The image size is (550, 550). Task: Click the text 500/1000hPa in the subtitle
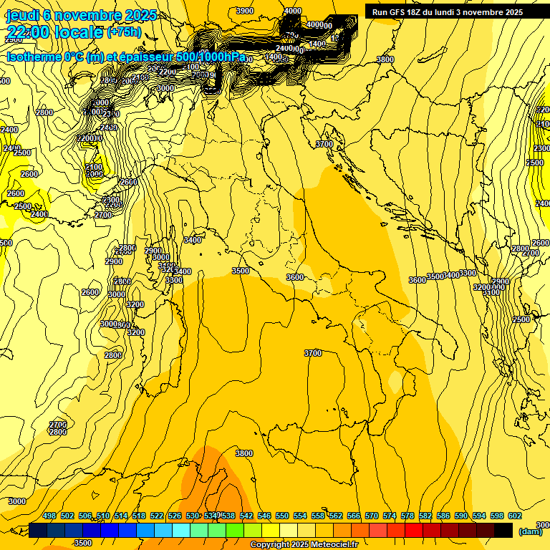click(211, 57)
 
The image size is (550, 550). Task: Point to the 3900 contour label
click(245, 11)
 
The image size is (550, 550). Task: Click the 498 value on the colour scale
click(49, 516)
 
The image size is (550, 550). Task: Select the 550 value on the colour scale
click(282, 516)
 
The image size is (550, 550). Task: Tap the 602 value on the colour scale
click(515, 516)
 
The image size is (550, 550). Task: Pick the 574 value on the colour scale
click(390, 516)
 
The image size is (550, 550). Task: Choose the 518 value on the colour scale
click(139, 516)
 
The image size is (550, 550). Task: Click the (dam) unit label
click(530, 531)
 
